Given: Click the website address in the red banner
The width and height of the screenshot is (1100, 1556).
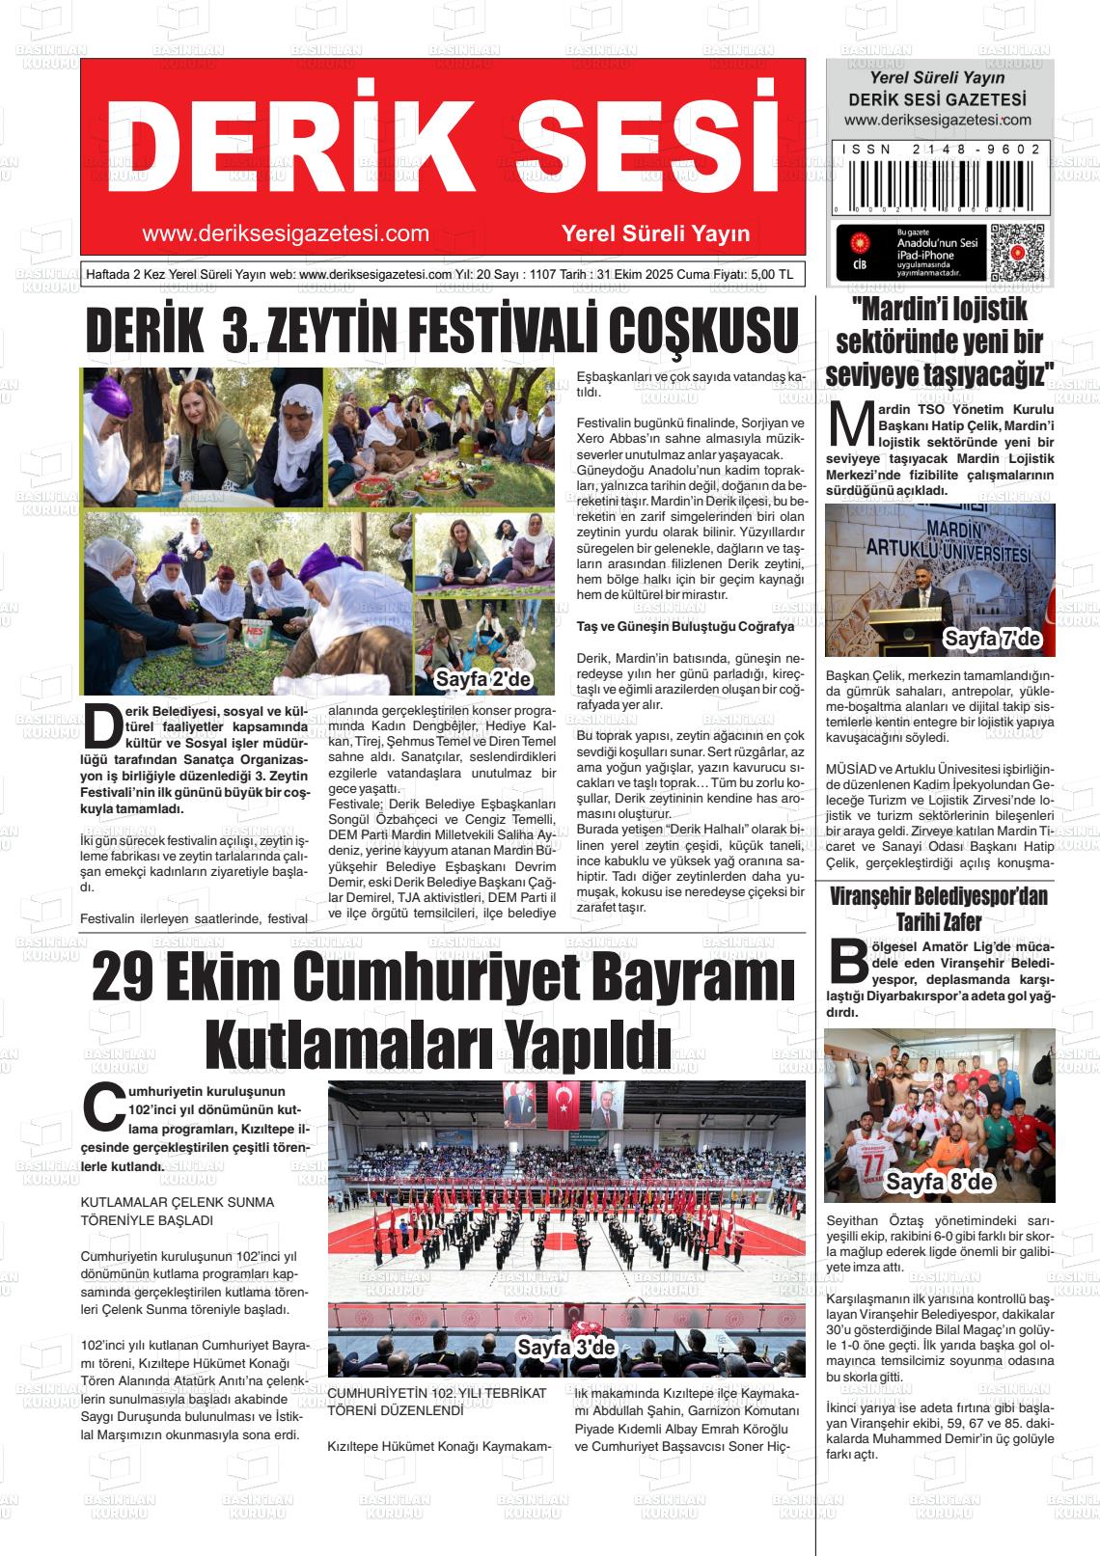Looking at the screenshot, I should (285, 234).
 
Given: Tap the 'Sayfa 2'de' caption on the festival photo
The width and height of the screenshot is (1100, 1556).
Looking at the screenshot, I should (483, 680).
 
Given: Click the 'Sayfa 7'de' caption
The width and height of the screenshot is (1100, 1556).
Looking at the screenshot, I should (991, 639).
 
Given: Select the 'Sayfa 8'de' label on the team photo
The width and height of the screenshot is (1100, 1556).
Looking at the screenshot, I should (939, 1182).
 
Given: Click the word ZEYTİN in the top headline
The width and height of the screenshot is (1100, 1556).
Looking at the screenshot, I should (353, 332).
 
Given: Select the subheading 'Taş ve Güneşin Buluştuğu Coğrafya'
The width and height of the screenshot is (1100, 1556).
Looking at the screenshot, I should (685, 627).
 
